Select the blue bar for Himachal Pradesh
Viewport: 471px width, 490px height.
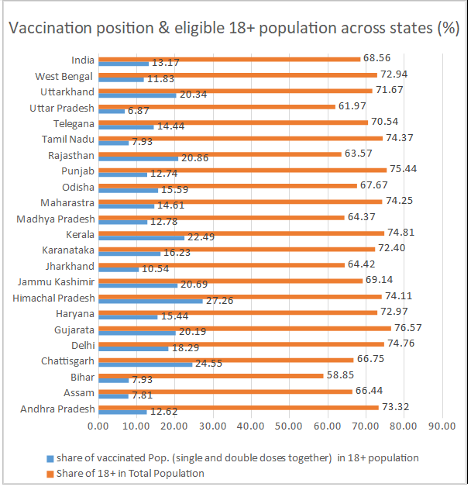(150, 301)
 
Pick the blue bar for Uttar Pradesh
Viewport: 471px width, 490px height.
(112, 111)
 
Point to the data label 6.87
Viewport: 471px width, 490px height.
(138, 111)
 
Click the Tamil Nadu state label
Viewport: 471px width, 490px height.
(68, 139)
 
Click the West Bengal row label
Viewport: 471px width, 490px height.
(64, 76)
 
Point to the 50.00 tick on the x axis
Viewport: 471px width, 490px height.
(289, 426)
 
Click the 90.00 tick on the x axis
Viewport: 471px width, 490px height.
(442, 426)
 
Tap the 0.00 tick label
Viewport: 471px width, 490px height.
(98, 426)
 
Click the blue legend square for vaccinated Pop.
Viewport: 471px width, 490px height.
(50, 457)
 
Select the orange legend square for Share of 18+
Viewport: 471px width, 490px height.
(50, 473)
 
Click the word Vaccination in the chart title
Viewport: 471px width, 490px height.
(51, 29)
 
